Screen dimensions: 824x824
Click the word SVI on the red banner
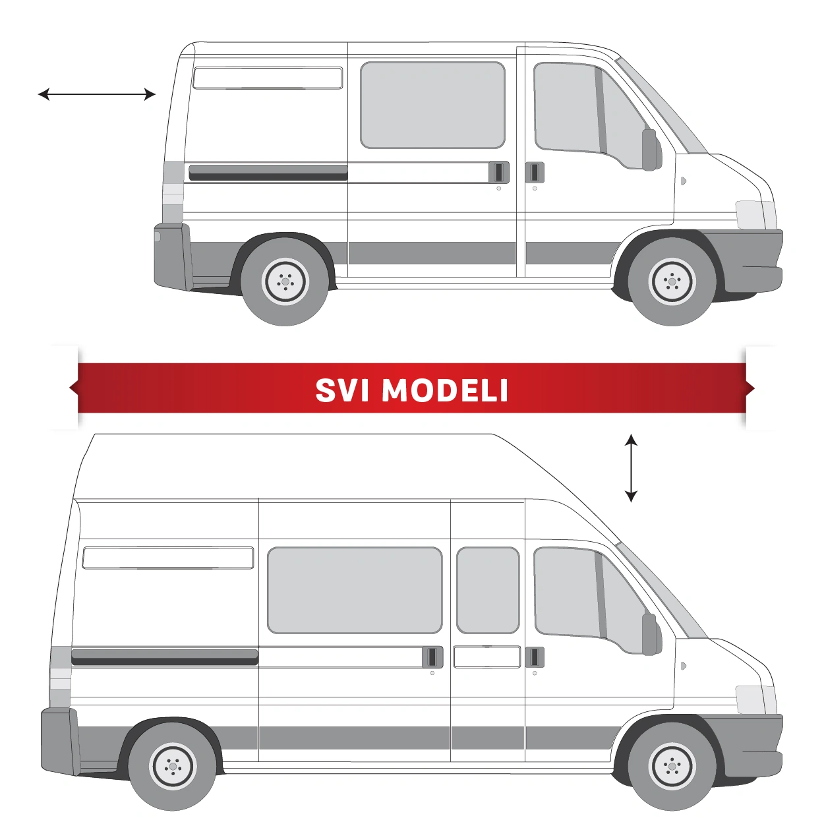343,390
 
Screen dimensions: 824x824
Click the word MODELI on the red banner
445,390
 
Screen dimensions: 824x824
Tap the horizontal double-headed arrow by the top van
97,94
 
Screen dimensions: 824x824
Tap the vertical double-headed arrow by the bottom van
631,468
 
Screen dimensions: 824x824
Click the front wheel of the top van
672,281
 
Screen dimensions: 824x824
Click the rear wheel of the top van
285,281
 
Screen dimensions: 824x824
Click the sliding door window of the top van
432,105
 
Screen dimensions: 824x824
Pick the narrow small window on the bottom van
488,590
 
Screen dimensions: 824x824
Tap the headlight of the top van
755,216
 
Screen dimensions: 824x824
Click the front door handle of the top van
535,172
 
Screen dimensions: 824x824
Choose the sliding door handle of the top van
499,172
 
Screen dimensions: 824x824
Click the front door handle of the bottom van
535,657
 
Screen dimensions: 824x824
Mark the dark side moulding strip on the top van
268,172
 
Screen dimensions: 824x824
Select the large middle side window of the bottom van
355,590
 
